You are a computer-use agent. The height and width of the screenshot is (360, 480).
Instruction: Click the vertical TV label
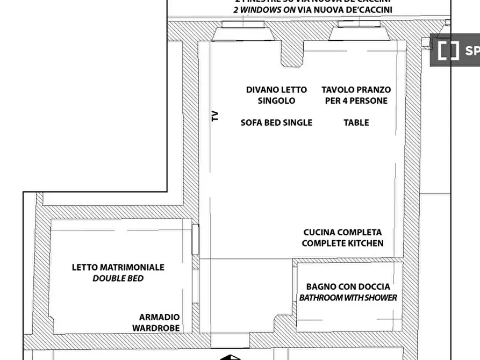(x=215, y=116)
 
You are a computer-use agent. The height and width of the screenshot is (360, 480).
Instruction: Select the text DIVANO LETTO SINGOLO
(x=276, y=95)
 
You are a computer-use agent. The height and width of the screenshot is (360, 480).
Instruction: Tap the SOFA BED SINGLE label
(x=276, y=123)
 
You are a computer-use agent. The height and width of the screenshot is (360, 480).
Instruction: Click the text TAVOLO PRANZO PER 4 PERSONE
(x=356, y=95)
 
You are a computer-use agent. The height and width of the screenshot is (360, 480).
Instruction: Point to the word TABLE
(x=356, y=123)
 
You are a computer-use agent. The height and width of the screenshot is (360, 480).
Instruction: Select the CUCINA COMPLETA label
(x=342, y=232)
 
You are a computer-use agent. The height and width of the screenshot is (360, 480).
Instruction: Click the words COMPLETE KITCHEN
(x=342, y=243)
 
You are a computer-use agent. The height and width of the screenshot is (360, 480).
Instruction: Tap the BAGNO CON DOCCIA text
(x=348, y=286)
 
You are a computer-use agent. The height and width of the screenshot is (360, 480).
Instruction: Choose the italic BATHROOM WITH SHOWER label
(x=348, y=298)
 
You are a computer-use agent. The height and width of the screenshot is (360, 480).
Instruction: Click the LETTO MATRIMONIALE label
(x=118, y=267)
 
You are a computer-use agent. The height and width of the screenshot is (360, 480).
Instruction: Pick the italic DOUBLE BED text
(x=118, y=278)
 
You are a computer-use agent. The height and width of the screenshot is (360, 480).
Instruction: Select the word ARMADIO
(x=159, y=317)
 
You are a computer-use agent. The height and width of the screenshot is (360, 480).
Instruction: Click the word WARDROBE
(x=156, y=328)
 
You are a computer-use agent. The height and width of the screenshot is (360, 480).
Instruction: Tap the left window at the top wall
(x=243, y=25)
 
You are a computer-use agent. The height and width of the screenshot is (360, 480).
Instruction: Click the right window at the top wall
(x=359, y=25)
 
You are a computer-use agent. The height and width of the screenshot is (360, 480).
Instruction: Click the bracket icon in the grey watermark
(x=448, y=51)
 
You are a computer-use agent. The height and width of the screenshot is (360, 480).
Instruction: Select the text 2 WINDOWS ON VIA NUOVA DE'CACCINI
(x=313, y=10)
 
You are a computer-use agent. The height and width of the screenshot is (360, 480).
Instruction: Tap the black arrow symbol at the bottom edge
(x=230, y=357)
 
